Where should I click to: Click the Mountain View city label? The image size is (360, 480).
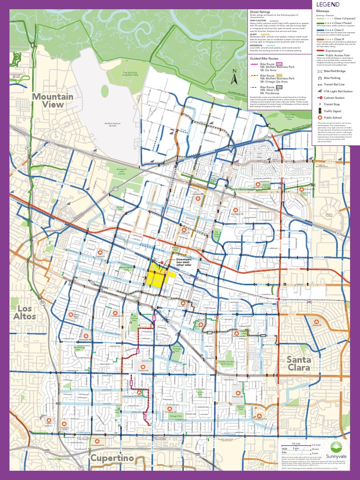click(x=52, y=100)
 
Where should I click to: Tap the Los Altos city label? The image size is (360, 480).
click(x=26, y=312)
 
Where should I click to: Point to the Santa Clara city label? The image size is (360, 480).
click(x=299, y=363)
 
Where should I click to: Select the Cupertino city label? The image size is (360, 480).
click(x=112, y=457)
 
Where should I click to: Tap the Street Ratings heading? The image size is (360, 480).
click(x=261, y=12)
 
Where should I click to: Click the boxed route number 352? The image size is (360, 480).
click(x=279, y=63)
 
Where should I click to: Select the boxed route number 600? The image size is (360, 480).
click(x=279, y=87)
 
